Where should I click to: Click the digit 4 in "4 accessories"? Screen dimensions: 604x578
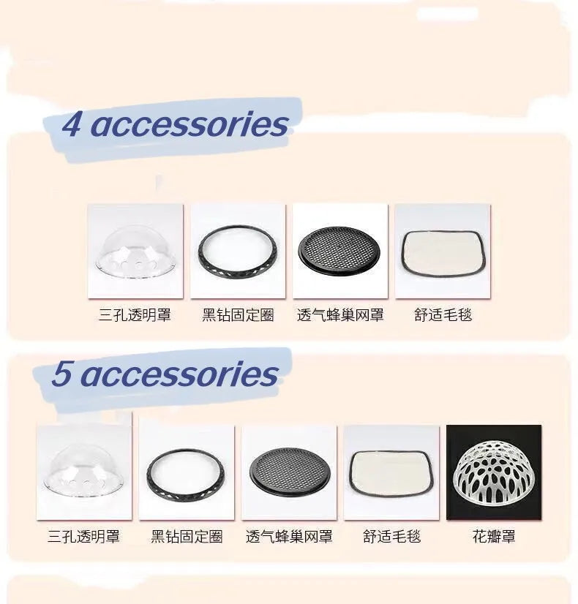[x=72, y=124]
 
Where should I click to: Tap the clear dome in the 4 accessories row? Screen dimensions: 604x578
[x=135, y=252]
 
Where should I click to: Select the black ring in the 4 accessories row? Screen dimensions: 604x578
[x=238, y=252]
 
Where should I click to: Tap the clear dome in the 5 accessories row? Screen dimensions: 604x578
[x=84, y=472]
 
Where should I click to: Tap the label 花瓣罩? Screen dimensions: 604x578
[x=494, y=537]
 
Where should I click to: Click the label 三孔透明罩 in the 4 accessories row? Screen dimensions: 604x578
[x=135, y=316]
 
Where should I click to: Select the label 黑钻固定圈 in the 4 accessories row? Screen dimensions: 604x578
[x=238, y=316]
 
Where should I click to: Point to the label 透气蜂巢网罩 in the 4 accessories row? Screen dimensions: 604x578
[x=340, y=316]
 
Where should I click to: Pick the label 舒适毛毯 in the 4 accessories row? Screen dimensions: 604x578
[x=443, y=316]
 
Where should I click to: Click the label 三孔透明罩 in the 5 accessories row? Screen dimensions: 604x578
[x=84, y=537]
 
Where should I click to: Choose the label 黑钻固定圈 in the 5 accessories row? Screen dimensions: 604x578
[x=187, y=537]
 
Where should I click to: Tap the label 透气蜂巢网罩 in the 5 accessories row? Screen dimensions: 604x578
[x=289, y=537]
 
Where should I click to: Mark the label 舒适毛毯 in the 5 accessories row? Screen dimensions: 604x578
[x=391, y=537]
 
